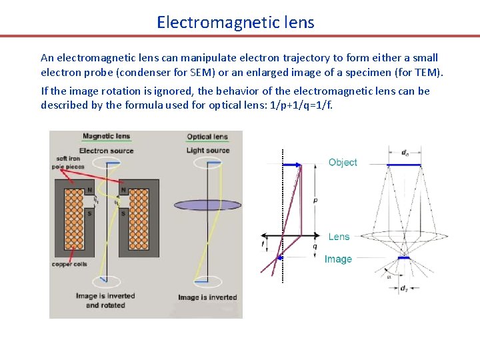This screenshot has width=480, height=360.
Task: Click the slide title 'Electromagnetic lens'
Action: [x=235, y=22]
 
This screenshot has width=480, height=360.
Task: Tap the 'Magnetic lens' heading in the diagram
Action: [x=106, y=137]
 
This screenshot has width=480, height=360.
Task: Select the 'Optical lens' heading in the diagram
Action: [x=207, y=137]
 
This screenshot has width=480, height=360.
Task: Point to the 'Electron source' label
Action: [x=106, y=151]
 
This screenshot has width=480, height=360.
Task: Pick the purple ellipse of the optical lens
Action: [x=207, y=205]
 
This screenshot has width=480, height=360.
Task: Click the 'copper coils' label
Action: [x=69, y=265]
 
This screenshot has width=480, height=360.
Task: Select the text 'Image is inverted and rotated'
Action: [x=105, y=301]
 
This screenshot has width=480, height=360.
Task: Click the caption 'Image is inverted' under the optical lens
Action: [x=207, y=297]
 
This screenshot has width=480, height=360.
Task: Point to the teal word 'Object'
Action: [x=343, y=163]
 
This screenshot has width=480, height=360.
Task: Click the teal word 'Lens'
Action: [x=339, y=237]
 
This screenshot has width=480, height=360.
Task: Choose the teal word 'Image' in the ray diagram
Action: [x=338, y=259]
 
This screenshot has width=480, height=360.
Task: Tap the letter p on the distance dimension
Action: [x=315, y=199]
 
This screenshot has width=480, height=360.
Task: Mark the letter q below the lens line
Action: [x=315, y=246]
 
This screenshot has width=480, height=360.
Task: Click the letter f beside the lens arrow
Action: [x=263, y=245]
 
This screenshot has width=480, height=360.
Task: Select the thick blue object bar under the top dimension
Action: [x=404, y=164]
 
